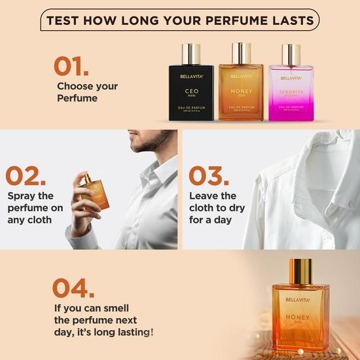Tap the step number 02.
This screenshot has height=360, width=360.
point(26,175)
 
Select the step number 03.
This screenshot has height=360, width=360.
point(209,175)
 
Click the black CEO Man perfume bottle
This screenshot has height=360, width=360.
point(191,88)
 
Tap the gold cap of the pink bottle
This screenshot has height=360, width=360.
point(291,53)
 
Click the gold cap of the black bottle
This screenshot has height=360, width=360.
point(191,53)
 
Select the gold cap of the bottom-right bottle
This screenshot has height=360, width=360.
point(300,271)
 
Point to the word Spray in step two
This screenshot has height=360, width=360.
point(23,196)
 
